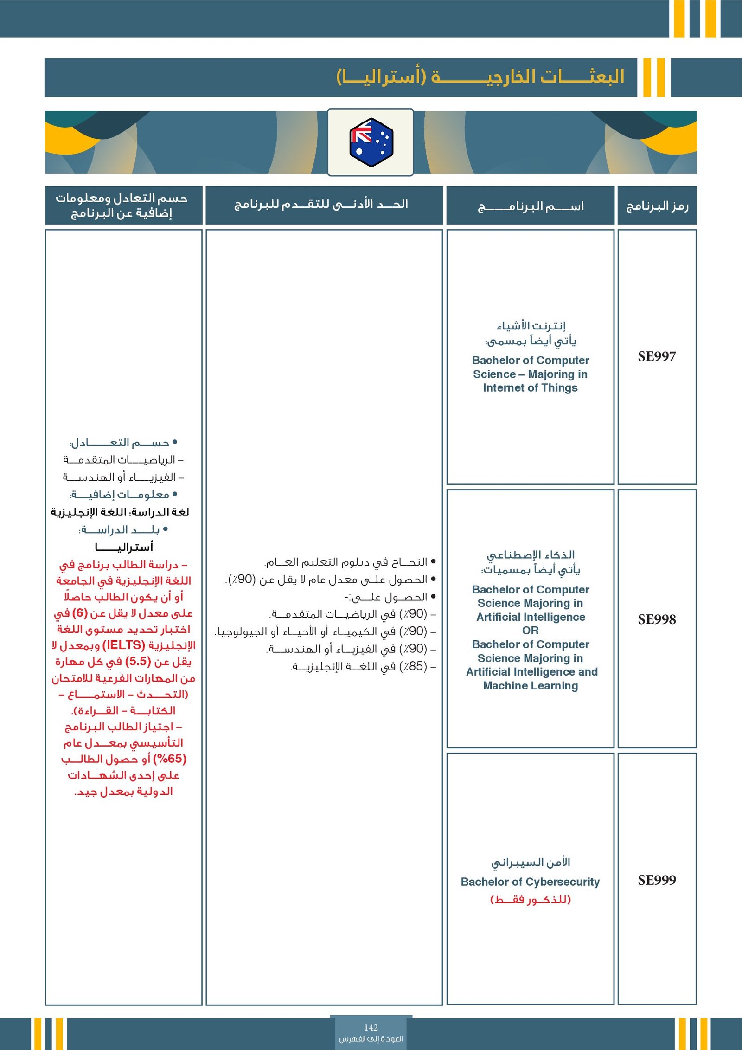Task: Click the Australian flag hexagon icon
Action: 371,142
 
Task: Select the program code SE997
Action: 657,356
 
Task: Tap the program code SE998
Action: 657,619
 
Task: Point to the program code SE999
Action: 657,880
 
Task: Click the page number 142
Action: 371,1027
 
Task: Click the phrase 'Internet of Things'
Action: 530,387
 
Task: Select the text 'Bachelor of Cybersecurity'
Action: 530,882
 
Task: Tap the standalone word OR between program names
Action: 530,631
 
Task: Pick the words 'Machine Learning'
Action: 530,685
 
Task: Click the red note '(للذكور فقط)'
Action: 530,900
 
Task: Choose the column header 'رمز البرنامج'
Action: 657,206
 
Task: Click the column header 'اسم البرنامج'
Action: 530,206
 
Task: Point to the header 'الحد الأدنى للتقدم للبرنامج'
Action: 321,204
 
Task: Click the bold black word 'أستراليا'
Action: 124,547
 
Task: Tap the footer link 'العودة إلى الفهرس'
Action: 371,1038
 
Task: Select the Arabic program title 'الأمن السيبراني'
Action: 530,862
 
